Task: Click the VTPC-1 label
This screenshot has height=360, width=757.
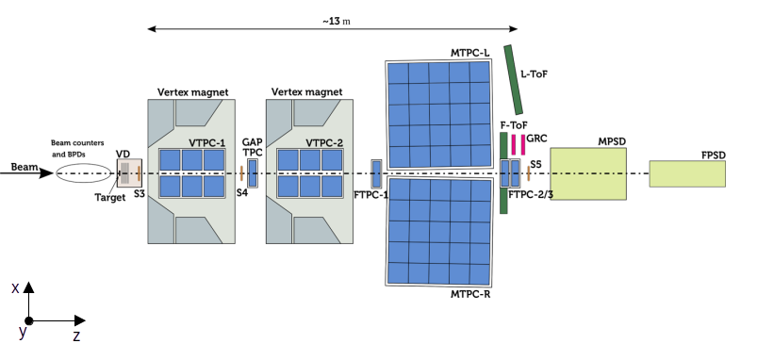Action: click(206, 143)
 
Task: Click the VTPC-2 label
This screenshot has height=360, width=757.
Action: click(324, 143)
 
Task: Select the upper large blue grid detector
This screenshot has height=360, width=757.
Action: click(439, 114)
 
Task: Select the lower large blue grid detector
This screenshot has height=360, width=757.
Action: click(439, 231)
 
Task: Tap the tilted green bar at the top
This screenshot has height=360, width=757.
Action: click(514, 80)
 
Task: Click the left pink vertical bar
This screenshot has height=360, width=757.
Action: click(514, 144)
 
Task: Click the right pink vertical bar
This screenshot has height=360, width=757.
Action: click(523, 144)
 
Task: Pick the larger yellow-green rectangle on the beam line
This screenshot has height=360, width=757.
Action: click(587, 173)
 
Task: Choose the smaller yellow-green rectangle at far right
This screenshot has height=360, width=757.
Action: click(687, 173)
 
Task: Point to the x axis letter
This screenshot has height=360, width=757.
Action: click(15, 288)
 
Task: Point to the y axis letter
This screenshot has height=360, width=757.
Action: click(23, 332)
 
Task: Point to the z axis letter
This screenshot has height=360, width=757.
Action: click(76, 336)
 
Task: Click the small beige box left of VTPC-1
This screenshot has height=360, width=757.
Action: click(128, 173)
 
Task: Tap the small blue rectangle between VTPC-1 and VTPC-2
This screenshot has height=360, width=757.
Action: click(253, 173)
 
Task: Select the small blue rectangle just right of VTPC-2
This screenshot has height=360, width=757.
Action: click(376, 173)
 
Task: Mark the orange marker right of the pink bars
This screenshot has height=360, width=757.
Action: click(528, 173)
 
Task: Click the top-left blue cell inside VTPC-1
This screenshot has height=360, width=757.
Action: click(170, 159)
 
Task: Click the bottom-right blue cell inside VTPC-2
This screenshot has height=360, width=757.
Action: click(332, 187)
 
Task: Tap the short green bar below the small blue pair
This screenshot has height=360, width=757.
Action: click(503, 201)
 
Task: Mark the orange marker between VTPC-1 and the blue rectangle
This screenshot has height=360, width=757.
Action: click(241, 173)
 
